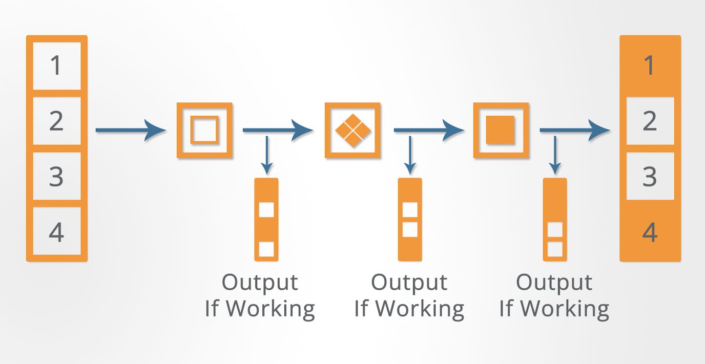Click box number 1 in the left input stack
point(56,66)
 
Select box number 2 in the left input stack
point(56,121)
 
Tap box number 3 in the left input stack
point(56,177)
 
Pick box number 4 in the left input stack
point(56,232)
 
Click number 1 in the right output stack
point(650,66)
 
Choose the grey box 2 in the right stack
point(650,121)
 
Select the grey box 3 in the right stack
point(650,177)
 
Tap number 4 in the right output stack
point(650,232)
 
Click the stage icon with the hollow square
point(204,130)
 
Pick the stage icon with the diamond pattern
point(352,130)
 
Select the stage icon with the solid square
point(500,130)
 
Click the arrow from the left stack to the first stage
point(130,130)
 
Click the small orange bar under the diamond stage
point(410,219)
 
